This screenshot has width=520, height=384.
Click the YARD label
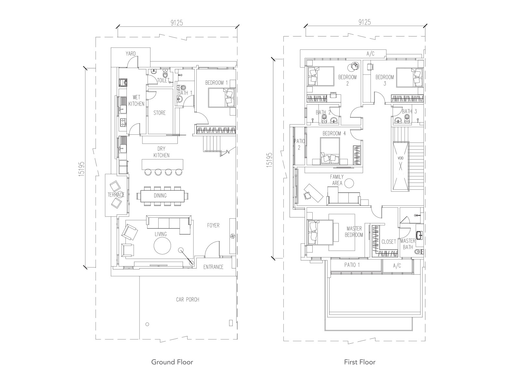click(131, 54)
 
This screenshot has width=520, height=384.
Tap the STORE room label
click(160, 113)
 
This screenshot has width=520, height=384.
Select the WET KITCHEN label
click(136, 101)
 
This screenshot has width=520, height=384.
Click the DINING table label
click(160, 196)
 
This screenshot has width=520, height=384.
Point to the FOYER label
click(213, 225)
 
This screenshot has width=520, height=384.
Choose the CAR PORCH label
click(188, 300)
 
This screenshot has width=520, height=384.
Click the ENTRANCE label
click(213, 267)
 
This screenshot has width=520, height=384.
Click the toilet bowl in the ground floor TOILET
click(165, 74)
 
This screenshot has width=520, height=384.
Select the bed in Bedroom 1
click(221, 98)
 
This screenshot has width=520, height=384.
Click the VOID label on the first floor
click(400, 158)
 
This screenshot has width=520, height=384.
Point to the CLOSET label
click(389, 242)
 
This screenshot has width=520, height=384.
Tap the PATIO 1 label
click(352, 265)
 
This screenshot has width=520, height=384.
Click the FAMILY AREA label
click(337, 180)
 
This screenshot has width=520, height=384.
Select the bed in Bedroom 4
click(330, 151)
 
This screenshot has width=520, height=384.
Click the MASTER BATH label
click(408, 244)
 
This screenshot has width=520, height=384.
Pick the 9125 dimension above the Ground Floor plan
click(177, 23)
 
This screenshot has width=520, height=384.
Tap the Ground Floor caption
click(172, 362)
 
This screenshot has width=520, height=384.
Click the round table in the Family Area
click(349, 183)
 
